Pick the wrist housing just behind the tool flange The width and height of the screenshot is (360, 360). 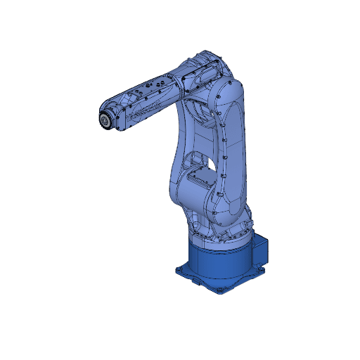coord(121,112)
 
